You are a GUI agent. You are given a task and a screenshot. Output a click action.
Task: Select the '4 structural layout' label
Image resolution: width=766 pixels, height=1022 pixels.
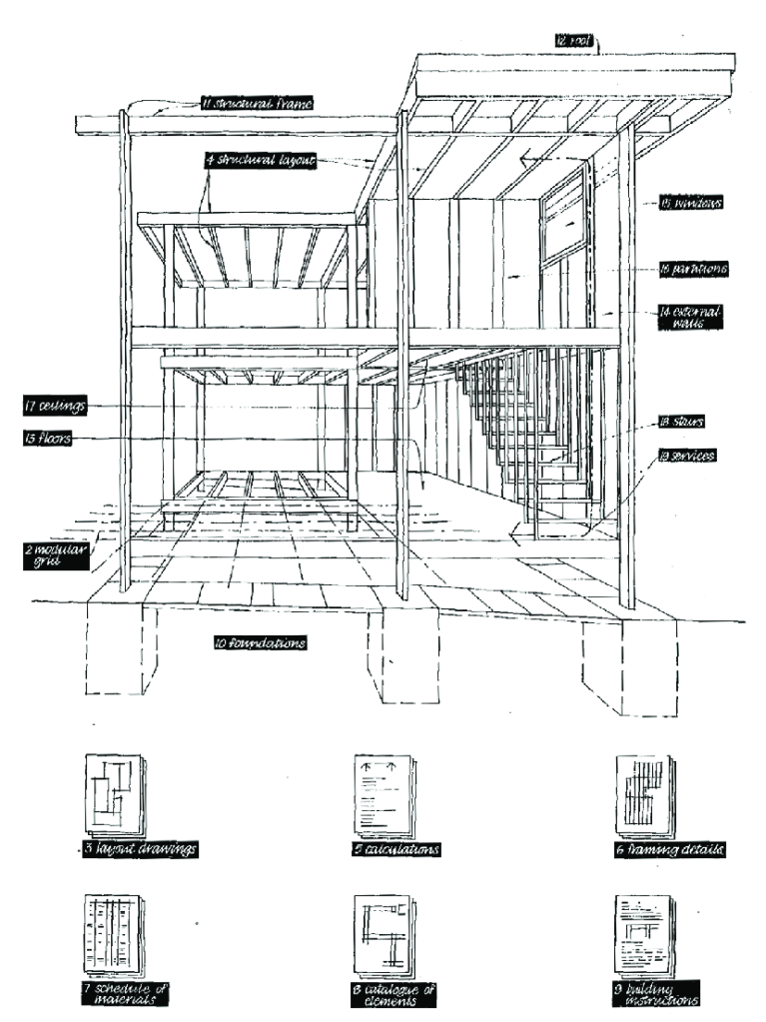(x=260, y=160)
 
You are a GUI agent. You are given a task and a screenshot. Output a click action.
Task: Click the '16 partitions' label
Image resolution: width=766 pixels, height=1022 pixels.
(x=690, y=269)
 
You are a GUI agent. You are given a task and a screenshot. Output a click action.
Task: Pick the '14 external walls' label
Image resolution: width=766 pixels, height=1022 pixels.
(x=689, y=317)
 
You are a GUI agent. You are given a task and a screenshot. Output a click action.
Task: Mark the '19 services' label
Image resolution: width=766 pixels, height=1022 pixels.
(x=688, y=455)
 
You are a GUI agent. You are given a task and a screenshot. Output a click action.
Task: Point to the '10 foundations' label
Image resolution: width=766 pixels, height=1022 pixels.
(x=259, y=643)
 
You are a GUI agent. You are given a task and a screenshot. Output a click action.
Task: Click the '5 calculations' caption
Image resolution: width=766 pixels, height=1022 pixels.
(x=397, y=850)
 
